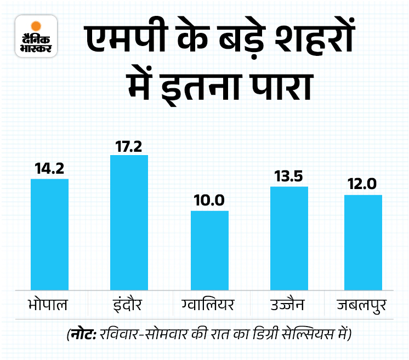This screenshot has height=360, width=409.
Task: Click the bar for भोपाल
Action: pos(49,234)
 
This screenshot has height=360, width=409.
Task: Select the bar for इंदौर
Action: pos(129,222)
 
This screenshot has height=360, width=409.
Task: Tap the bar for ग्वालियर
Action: pos(209,250)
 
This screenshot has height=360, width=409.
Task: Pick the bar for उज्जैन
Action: pos(289,238)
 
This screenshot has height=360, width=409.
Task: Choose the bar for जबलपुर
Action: pos(363,242)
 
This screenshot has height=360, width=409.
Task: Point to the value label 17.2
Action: pos(129,146)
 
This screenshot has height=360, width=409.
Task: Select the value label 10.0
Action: pos(209,201)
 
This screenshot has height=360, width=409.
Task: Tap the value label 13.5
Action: pos(289,177)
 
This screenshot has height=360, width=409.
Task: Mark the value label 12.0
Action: pos(363,185)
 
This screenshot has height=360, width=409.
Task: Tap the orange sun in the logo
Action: pos(37,25)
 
